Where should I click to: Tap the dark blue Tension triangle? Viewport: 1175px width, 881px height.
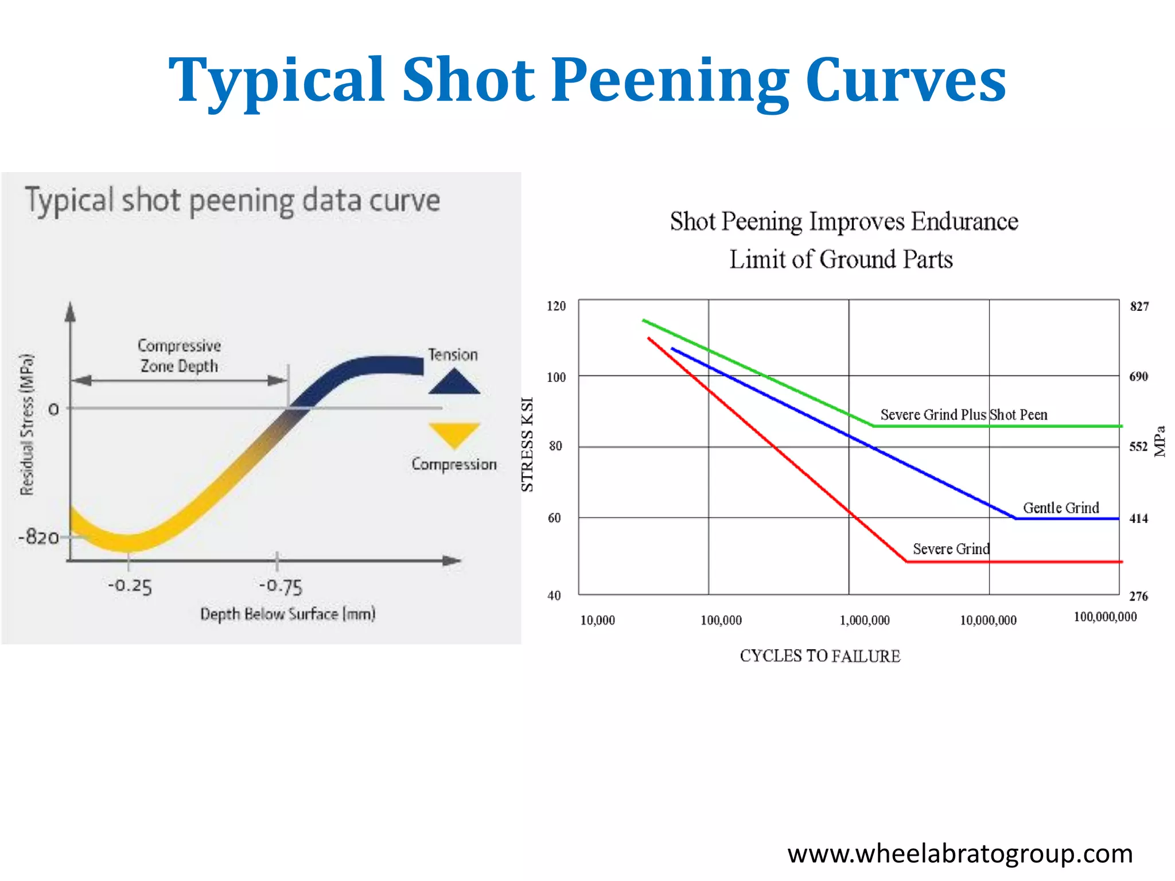point(454,383)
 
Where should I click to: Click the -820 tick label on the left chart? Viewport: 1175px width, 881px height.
point(38,537)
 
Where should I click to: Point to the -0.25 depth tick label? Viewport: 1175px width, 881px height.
point(130,586)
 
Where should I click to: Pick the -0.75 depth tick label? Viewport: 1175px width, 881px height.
point(281,586)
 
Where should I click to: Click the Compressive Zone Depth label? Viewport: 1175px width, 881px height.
point(179,356)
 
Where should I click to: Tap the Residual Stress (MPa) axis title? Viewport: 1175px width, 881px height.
point(27,424)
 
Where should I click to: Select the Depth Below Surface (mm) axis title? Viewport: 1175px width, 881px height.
point(287,614)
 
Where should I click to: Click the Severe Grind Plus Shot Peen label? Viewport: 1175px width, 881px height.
point(963,415)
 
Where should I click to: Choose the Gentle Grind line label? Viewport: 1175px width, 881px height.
point(1061,508)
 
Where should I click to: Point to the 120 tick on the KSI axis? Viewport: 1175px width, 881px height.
point(556,306)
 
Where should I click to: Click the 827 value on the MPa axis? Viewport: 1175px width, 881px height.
point(1139,306)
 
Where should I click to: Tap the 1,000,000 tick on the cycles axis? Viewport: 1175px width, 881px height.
point(865,620)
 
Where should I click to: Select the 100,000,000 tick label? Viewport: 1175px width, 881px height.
point(1105,617)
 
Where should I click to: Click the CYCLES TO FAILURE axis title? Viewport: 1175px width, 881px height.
point(820,656)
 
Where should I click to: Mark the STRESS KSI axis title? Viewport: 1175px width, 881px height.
point(527,445)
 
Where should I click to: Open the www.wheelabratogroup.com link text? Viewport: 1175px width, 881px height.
point(960,853)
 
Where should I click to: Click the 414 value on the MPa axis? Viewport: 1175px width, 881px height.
point(1139,519)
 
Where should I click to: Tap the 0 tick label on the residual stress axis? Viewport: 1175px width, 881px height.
point(53,410)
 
